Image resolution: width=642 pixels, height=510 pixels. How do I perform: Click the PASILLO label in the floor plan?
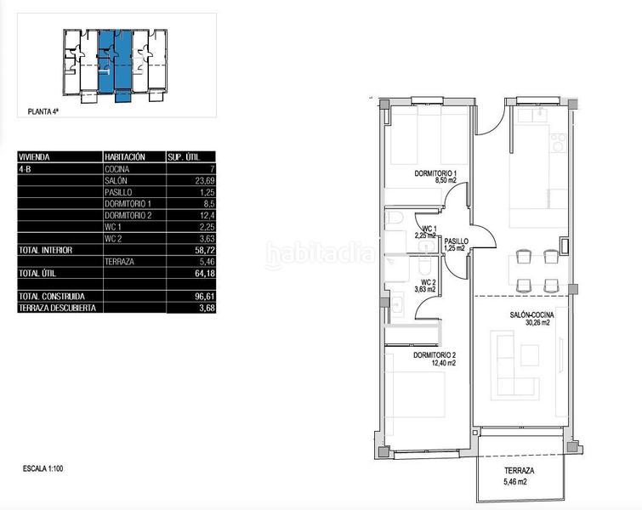455,241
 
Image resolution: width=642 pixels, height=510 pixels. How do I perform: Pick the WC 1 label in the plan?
429,229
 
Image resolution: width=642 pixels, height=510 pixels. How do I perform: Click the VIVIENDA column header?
34,157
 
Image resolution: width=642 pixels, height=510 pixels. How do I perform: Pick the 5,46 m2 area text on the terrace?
517,483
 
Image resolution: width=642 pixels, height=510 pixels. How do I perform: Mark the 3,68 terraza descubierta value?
202,307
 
